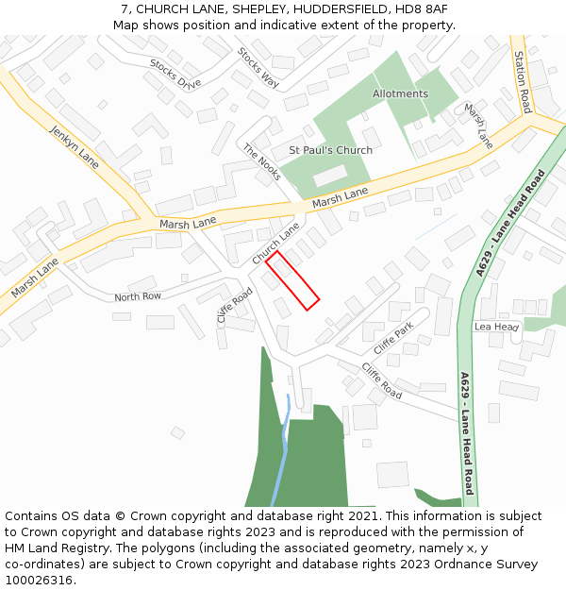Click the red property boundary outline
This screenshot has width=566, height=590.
coord(292,280)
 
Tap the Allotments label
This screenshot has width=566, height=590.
coord(400,94)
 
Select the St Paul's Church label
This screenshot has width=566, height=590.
coord(330,150)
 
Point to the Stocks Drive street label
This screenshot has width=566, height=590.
coord(175,73)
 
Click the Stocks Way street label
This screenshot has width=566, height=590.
coord(258,68)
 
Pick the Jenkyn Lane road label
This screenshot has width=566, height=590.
coord(75,142)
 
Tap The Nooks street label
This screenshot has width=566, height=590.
coord(261,162)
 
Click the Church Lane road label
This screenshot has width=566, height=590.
coord(275,244)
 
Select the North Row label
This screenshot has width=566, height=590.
coord(138,296)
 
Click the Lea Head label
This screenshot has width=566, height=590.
coord(496,327)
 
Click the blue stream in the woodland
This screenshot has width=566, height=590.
coord(281,453)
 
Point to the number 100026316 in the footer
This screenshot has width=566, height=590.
coord(41,580)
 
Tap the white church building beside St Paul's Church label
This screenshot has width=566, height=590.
coord(329,176)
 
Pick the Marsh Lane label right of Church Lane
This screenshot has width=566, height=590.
coord(340,197)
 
